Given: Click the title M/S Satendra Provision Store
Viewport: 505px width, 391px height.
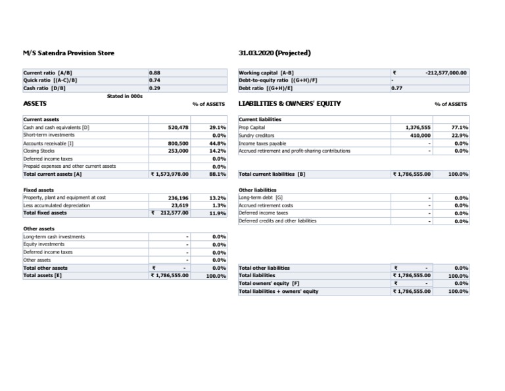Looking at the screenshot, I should point(68,53).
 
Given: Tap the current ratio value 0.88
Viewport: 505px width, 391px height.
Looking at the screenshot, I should point(155,72).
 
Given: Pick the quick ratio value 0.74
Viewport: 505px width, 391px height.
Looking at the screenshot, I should point(155,80).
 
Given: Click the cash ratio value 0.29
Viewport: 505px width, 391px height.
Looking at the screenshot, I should point(155,88).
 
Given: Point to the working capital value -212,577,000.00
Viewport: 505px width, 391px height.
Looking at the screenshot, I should point(446,72).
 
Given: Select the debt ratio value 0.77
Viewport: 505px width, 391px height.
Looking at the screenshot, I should point(397,88).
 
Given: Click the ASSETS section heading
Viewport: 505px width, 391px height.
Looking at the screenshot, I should point(35,104).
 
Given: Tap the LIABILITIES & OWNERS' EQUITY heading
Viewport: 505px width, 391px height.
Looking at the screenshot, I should point(289,104).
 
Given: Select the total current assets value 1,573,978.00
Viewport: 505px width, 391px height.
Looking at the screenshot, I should point(170,174).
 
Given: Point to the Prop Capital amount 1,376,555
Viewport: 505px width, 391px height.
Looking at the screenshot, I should point(417,127).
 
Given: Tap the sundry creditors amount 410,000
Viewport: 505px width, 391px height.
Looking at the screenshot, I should point(420,135).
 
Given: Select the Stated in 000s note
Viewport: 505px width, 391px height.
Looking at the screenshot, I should point(125,96).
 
